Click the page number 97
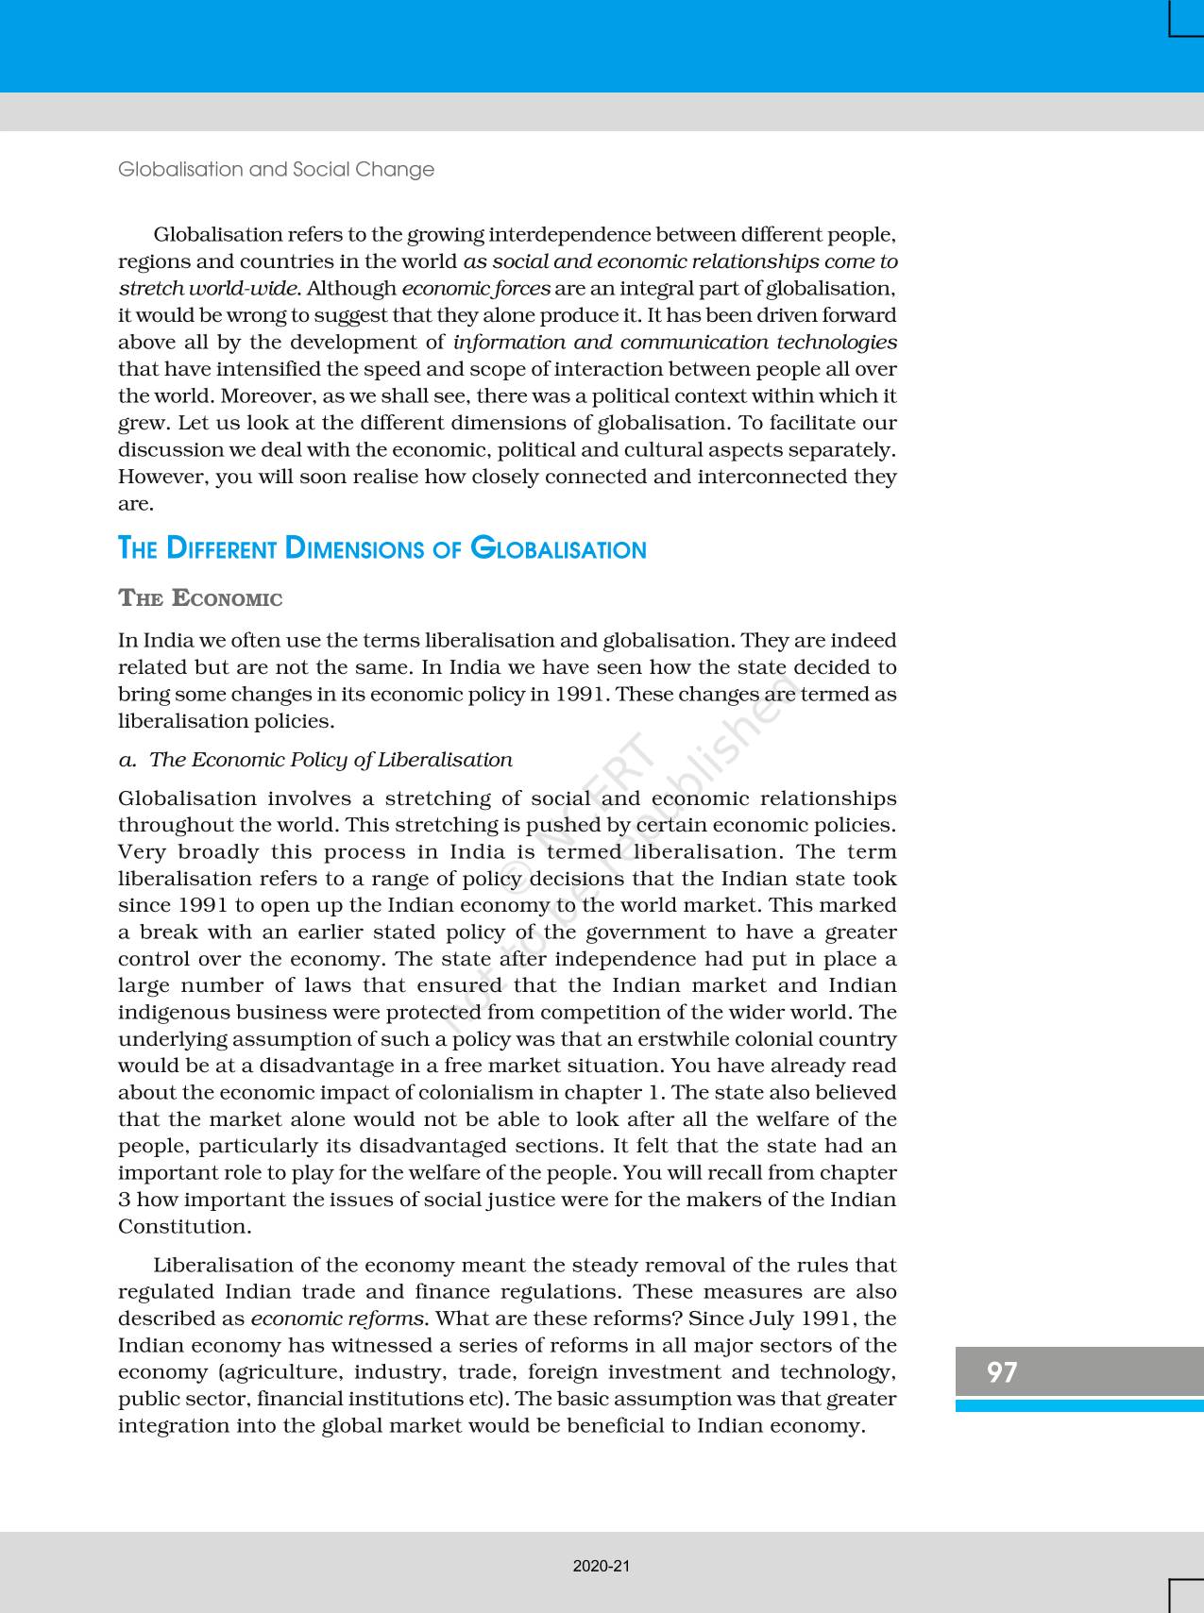(1002, 1371)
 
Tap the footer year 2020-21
(602, 1566)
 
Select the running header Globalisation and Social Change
(276, 170)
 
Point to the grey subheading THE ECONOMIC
(200, 598)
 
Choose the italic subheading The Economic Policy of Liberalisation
(331, 760)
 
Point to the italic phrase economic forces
(476, 289)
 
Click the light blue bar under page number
(1079, 1405)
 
